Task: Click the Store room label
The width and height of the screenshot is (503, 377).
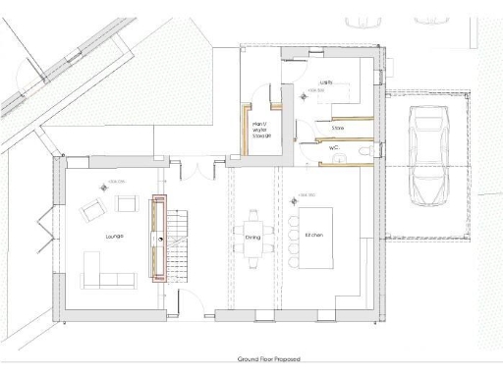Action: pyautogui.click(x=338, y=127)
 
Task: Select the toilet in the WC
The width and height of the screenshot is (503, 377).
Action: pyautogui.click(x=363, y=152)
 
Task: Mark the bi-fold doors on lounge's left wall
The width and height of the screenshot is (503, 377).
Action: pyautogui.click(x=41, y=228)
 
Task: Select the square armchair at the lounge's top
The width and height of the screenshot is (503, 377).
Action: pyautogui.click(x=126, y=203)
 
